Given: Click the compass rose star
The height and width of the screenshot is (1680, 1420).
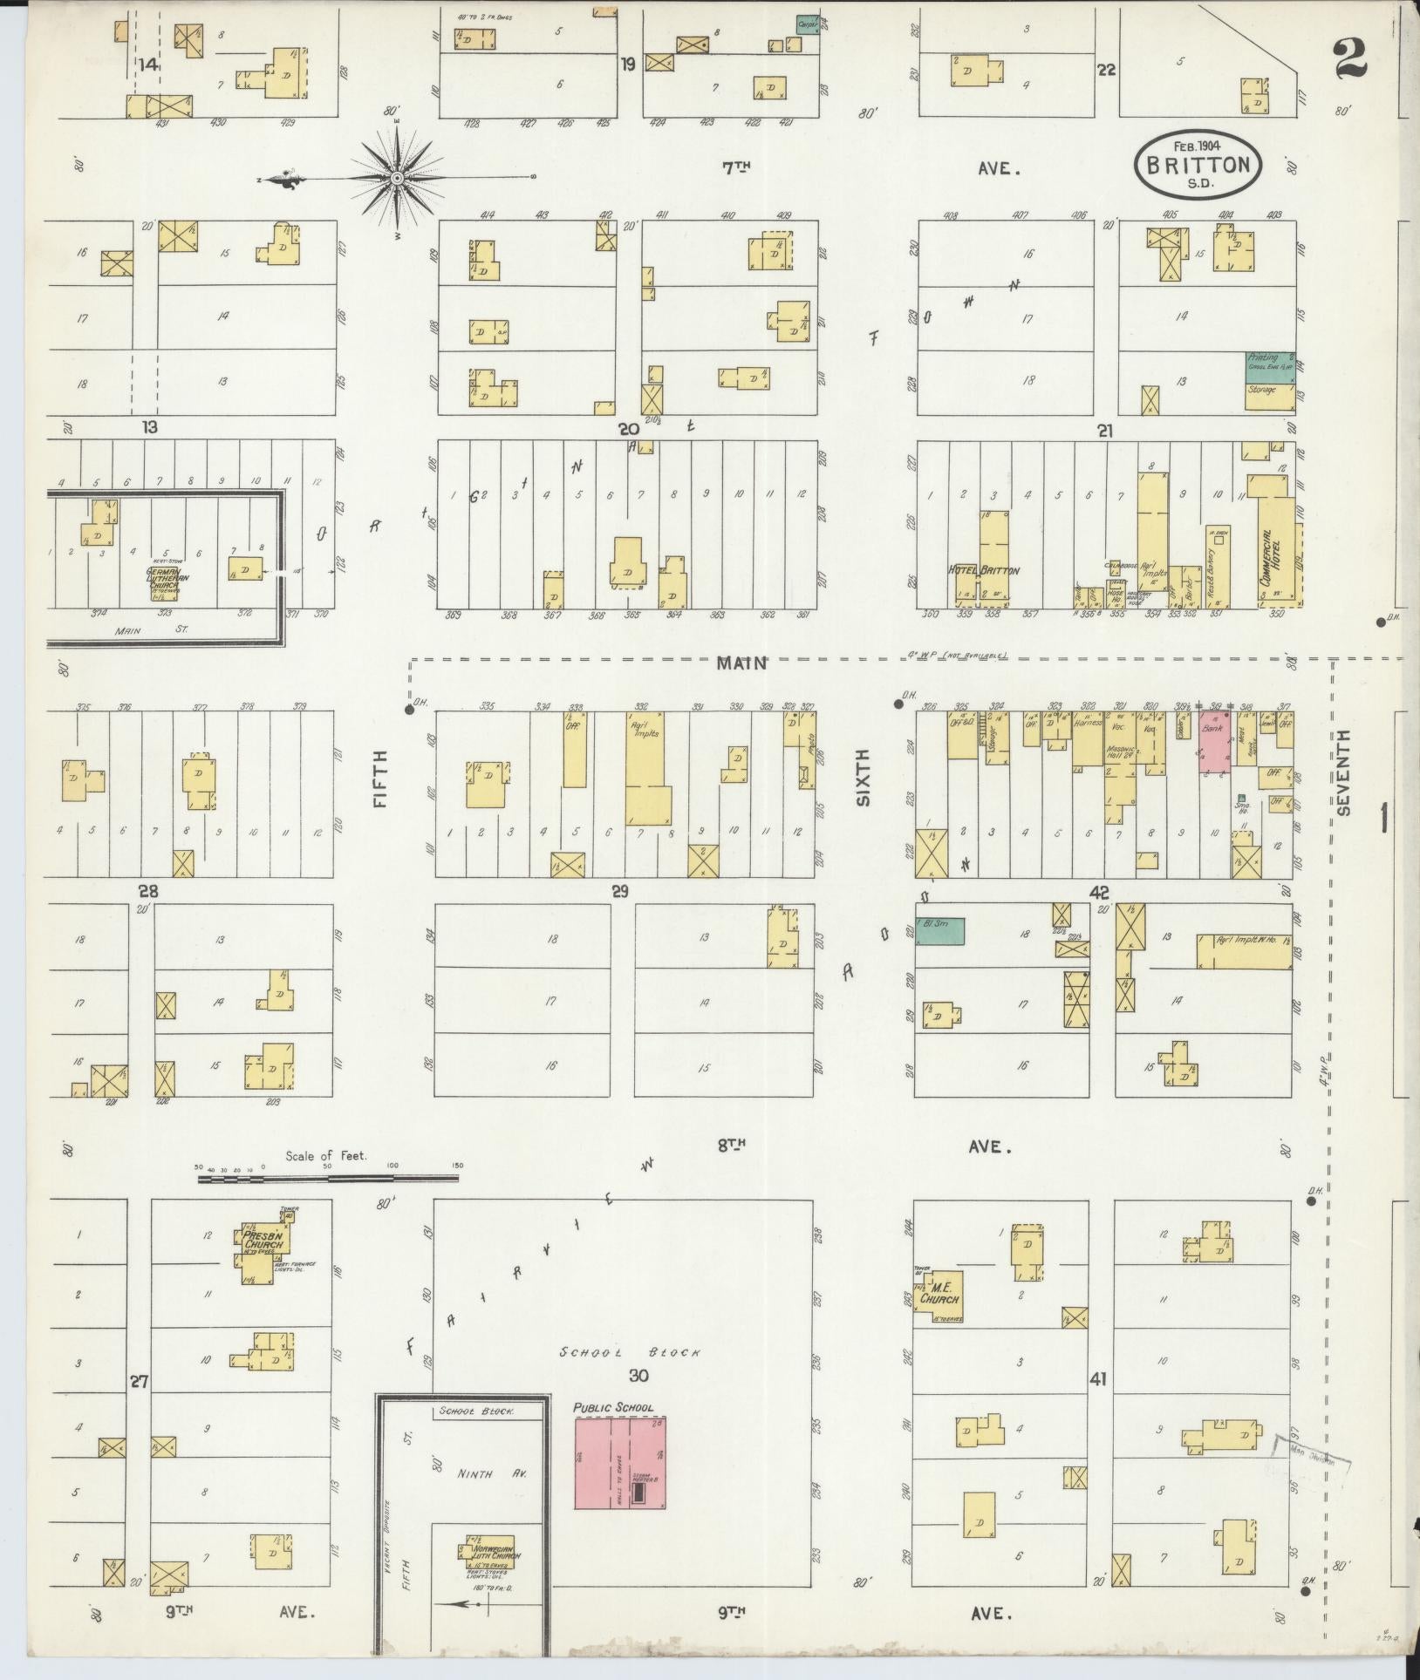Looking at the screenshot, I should [x=397, y=177].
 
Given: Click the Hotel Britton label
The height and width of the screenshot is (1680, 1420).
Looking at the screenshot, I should [x=983, y=570].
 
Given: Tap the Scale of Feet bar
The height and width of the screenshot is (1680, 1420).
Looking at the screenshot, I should [x=328, y=1179].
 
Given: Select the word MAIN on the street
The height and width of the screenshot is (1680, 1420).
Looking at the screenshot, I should [x=741, y=663].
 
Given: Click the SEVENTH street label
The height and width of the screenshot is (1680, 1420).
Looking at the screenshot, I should [x=1343, y=772].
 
